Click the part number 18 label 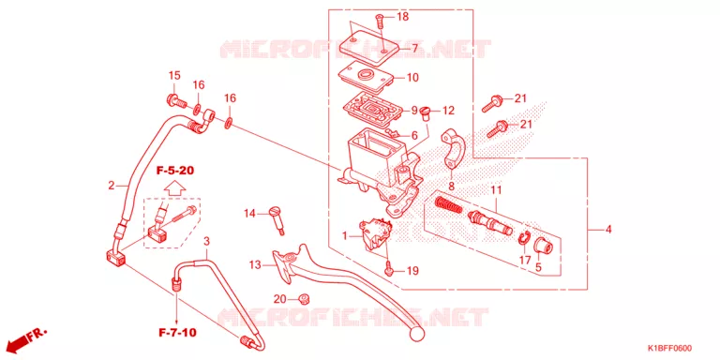click(x=402, y=17)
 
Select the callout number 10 click(x=412, y=78)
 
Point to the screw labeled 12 click(x=425, y=112)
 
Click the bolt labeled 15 click(x=176, y=99)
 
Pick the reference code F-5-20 click(x=174, y=171)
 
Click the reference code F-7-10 click(x=177, y=333)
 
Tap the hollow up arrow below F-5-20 click(x=174, y=187)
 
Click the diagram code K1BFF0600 click(x=669, y=349)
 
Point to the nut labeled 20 click(x=303, y=299)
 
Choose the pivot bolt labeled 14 click(x=277, y=219)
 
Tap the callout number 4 click(x=608, y=230)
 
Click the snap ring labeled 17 click(x=523, y=238)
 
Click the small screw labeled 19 click(x=389, y=268)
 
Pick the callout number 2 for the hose click(x=112, y=187)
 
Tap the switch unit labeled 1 click(x=375, y=234)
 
